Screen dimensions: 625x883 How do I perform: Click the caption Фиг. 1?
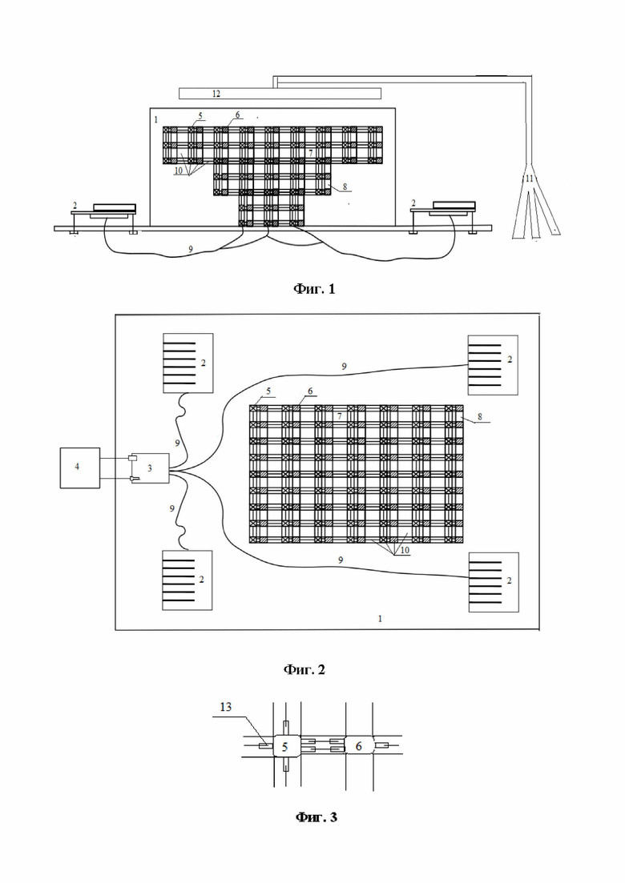pos(314,289)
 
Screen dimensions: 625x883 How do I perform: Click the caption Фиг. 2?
pos(304,669)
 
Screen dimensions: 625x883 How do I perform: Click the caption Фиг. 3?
pos(317,817)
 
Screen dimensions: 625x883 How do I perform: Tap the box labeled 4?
pos(80,468)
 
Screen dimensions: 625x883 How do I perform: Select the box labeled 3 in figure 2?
pos(149,468)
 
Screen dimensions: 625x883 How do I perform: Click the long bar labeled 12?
pos(280,94)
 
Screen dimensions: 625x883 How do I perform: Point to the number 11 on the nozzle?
pos(529,179)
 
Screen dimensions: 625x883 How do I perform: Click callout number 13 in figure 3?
pos(225,707)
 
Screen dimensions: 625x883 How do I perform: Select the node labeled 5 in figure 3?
pos(285,747)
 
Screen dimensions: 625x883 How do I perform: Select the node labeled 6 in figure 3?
pos(358,747)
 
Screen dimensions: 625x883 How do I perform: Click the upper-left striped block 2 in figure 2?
pos(188,363)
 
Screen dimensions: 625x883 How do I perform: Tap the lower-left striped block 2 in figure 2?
pos(187,580)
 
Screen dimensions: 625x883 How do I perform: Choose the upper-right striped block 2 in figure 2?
pos(493,365)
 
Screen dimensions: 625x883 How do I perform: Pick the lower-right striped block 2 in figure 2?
pos(494,582)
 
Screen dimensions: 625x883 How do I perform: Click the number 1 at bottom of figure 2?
pos(380,618)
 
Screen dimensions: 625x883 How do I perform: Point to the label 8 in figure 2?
pos(480,417)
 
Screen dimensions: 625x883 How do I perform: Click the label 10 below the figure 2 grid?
pos(405,550)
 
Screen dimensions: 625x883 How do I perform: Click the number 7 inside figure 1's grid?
pos(311,153)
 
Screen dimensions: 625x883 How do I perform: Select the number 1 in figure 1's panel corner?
pos(156,120)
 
